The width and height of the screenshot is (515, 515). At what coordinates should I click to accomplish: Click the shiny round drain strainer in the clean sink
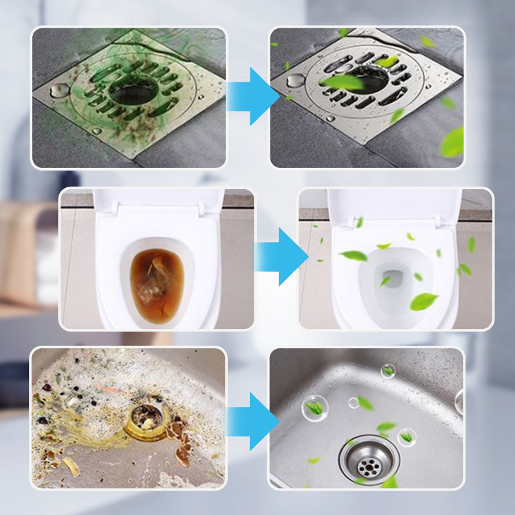pos(370,458)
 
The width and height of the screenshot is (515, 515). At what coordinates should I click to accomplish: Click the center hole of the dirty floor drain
pos(132,93)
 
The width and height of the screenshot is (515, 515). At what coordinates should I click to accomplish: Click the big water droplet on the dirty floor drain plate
pos(59,89)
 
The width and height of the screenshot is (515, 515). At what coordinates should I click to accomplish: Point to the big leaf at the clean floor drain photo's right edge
pos(453,142)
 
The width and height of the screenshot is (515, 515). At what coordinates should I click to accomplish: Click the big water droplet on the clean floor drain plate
pos(295,80)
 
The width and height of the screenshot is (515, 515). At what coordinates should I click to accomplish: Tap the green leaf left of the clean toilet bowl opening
pos(353,256)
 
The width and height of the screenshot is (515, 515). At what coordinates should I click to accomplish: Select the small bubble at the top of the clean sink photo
pos(388,370)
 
